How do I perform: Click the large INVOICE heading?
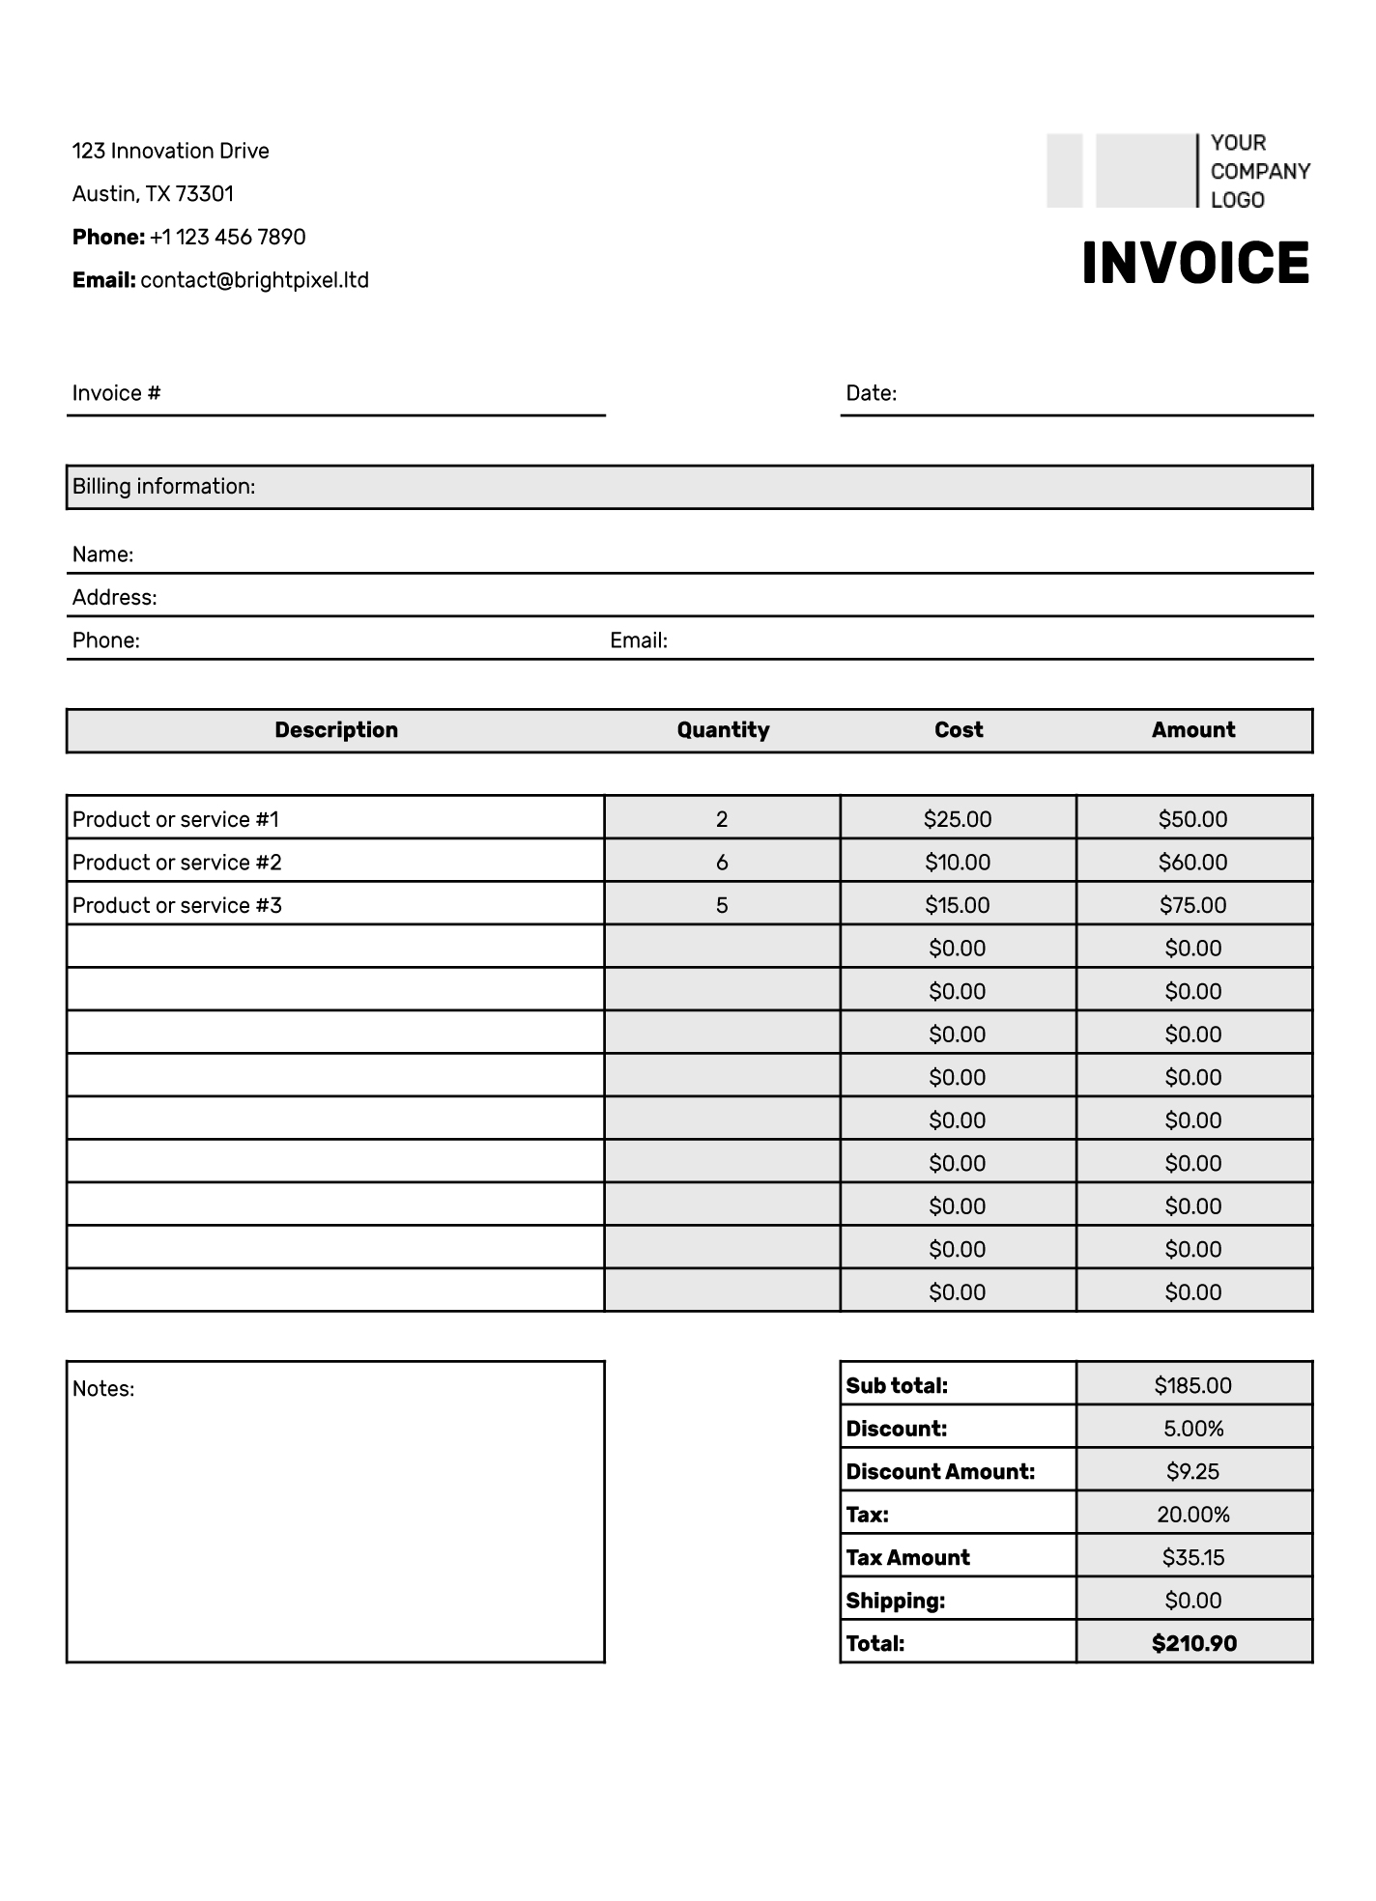(x=1195, y=263)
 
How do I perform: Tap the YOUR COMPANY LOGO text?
(x=1259, y=171)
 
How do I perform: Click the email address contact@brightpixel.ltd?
(x=254, y=280)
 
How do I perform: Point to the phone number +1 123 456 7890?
(x=227, y=237)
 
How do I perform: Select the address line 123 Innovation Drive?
(x=170, y=151)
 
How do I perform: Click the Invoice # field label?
(x=116, y=393)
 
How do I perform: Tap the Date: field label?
(x=871, y=393)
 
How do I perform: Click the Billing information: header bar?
(x=689, y=487)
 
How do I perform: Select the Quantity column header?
(x=723, y=730)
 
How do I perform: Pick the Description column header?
(x=336, y=730)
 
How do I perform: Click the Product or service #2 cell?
(x=177, y=863)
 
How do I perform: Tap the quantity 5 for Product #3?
(x=722, y=905)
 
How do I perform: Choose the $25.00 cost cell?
(x=958, y=819)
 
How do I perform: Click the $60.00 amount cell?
(x=1193, y=863)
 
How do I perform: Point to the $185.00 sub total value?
(x=1193, y=1386)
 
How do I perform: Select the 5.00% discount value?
(x=1193, y=1429)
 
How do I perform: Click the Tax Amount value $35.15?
(x=1193, y=1557)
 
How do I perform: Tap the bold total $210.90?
(x=1193, y=1643)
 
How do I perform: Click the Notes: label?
(x=103, y=1389)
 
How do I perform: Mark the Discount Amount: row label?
(x=940, y=1472)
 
